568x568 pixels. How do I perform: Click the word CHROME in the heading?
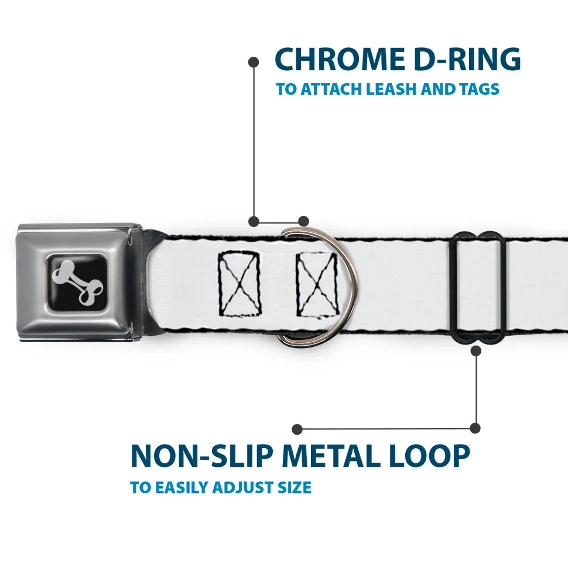[x=337, y=59]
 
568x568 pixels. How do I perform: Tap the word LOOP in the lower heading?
[x=432, y=457]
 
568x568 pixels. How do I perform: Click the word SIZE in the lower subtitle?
[x=293, y=487]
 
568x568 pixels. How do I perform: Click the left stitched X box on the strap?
[x=239, y=284]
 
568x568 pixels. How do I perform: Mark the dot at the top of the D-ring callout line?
[x=254, y=61]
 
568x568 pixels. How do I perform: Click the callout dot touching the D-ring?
[x=303, y=221]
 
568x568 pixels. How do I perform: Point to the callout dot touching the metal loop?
[x=475, y=351]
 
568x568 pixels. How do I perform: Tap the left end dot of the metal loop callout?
[x=297, y=429]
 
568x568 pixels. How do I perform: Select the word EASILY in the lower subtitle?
[x=179, y=487]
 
